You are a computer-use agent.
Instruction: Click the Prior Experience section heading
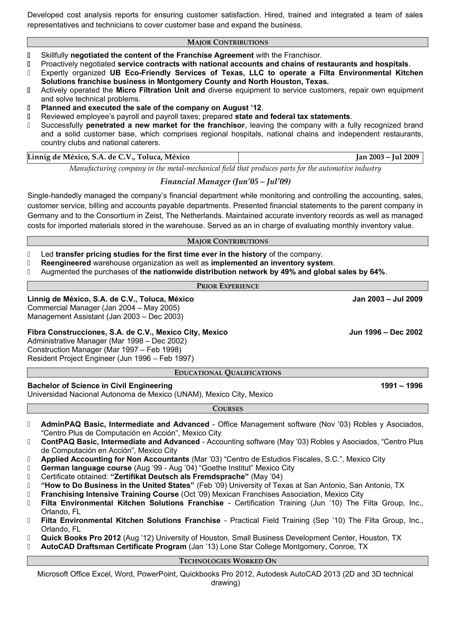pos(227,286)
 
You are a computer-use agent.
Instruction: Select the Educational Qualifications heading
pos(227,373)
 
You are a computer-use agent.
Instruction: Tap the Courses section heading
pos(227,409)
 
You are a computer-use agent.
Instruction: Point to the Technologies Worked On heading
pos(227,561)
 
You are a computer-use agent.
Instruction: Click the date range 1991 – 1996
pos(401,385)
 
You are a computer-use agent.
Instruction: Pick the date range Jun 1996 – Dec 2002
pos(386,332)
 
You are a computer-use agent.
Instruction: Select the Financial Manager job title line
pos(225,181)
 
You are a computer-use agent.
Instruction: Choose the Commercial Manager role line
pos(103,308)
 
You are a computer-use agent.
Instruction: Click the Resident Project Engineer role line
pos(110,358)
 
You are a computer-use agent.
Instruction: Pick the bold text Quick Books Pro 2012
pos(81,538)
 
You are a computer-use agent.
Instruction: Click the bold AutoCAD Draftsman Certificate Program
pos(114,546)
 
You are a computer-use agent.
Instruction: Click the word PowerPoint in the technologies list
pos(157,574)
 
